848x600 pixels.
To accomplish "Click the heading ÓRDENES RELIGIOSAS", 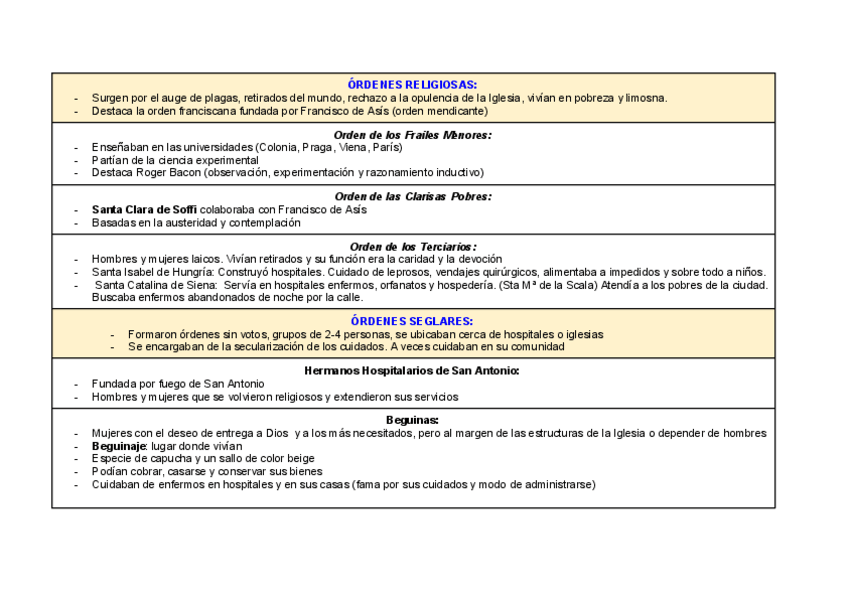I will [x=412, y=85].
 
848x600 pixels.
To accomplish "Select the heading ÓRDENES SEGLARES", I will [x=412, y=321].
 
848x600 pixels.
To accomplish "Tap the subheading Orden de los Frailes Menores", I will [x=412, y=134].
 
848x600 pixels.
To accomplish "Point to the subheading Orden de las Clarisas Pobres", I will [x=412, y=197].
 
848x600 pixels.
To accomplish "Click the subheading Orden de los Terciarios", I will [x=412, y=246].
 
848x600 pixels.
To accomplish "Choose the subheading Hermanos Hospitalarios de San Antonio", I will [x=412, y=371].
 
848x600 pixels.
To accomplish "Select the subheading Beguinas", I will [x=412, y=420].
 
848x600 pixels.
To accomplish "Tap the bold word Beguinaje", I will [x=119, y=446].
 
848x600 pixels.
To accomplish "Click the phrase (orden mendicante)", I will [x=436, y=111].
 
